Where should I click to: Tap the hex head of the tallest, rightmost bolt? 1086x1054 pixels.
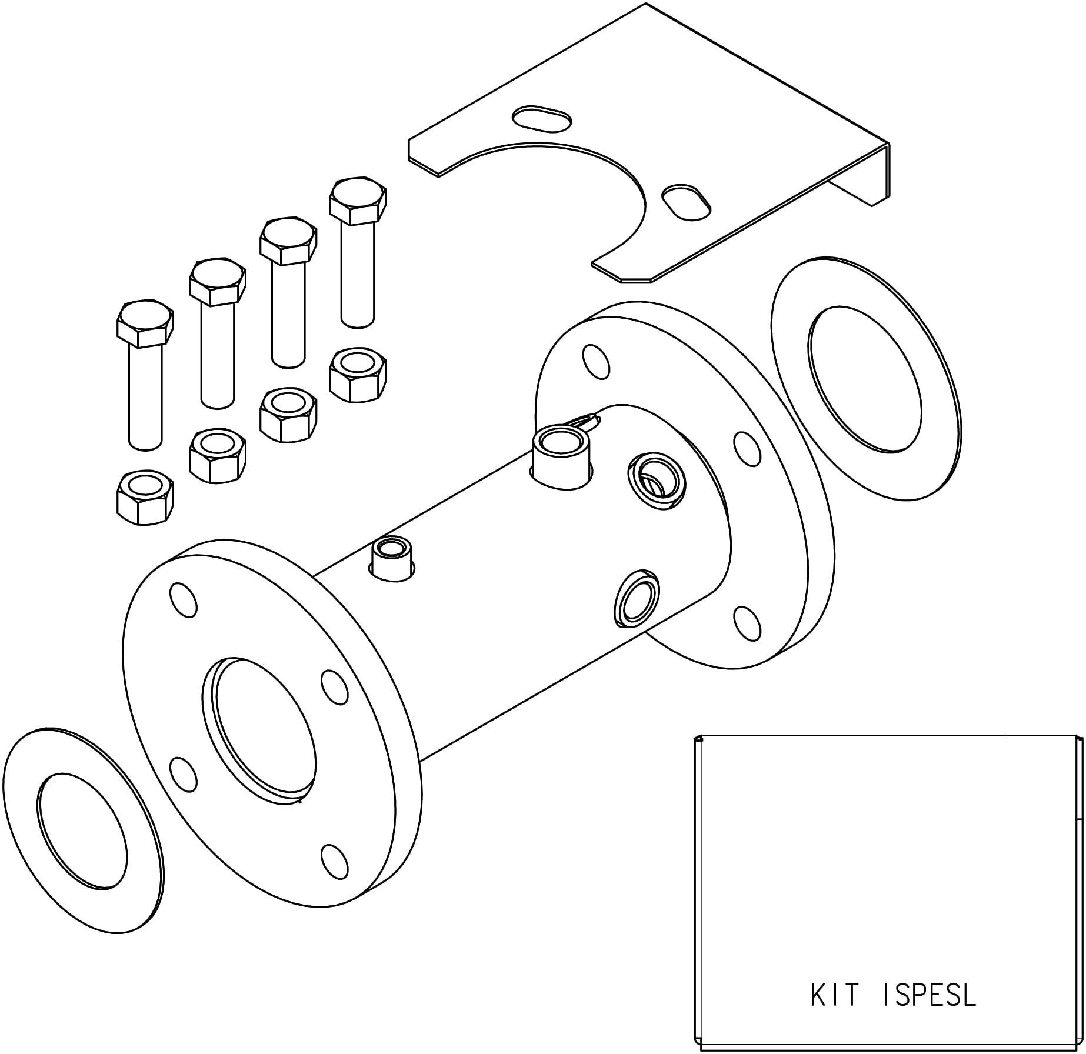coord(358,201)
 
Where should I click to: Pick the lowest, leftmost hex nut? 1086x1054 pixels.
coord(145,497)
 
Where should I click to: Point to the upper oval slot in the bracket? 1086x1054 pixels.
coord(541,118)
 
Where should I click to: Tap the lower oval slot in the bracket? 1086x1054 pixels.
coord(687,203)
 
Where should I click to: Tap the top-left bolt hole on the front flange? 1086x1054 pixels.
coord(183,600)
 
